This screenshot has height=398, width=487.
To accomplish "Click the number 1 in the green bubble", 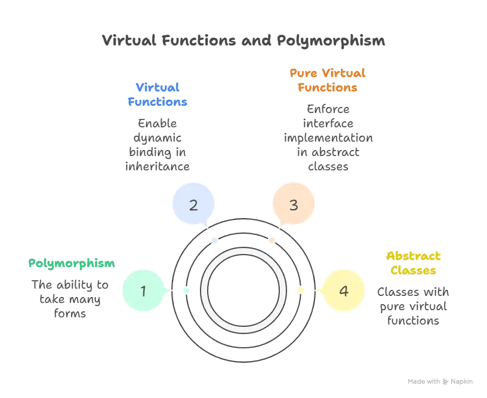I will (x=143, y=291).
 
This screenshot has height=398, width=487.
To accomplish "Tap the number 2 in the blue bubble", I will (x=193, y=205).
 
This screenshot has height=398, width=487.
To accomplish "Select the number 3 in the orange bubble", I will (x=293, y=205).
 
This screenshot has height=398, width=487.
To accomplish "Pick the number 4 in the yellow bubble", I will (x=343, y=291).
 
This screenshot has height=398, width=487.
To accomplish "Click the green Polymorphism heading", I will (x=73, y=264).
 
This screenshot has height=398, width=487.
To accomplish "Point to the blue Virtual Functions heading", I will (x=158, y=94).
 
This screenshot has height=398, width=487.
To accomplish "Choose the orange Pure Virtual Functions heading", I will (x=327, y=81).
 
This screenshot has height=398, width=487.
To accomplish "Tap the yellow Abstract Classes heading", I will (x=414, y=264).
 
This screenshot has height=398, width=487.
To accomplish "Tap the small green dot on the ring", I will (x=186, y=290).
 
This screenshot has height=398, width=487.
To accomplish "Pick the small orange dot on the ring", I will (x=272, y=241).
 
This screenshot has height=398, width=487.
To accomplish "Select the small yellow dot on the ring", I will (x=300, y=290).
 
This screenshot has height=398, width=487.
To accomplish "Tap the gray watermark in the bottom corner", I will (x=439, y=381).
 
